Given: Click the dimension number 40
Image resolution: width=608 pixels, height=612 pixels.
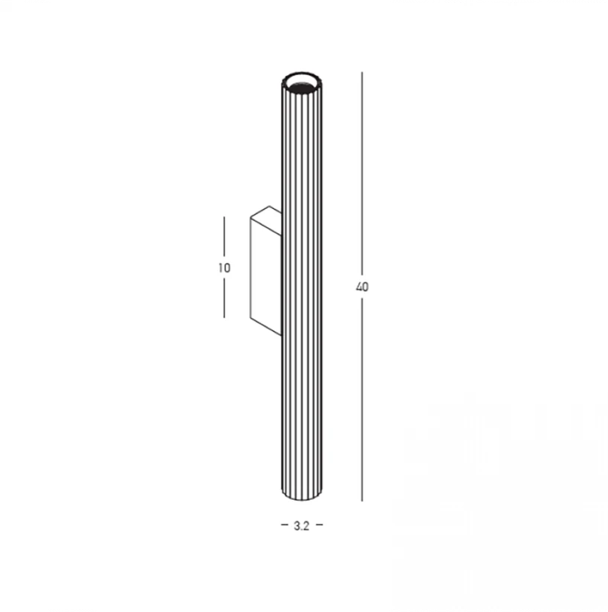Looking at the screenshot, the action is point(362,287).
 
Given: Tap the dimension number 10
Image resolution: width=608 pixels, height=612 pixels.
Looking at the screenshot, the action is point(224,268).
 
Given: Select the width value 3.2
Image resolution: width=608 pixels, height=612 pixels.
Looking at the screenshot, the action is point(302,526).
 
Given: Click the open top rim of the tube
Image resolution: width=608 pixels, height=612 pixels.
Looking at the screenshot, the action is point(303,74).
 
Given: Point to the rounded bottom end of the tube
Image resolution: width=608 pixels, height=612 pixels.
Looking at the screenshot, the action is point(303,498).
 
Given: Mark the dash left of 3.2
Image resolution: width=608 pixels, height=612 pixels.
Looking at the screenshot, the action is point(284,525).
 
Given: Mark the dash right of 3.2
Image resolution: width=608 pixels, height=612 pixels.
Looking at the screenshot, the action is point(319,525).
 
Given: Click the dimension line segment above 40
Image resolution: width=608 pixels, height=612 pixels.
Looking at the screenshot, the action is point(362,174).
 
